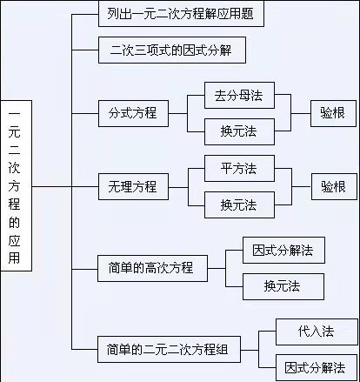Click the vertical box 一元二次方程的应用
[x=17, y=185]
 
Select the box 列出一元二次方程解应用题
[x=181, y=14]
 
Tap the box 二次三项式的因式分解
[x=172, y=50]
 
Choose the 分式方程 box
[x=133, y=113]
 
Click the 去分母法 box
[x=239, y=96]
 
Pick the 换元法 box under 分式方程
[x=239, y=131]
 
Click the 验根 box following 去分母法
[x=333, y=113]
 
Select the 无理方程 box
[x=133, y=186]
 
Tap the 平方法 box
[x=239, y=169]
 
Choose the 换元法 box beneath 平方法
[x=239, y=204]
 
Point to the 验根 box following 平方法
[x=334, y=186]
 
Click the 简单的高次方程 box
[x=152, y=268]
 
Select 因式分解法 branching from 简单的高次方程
[x=283, y=251]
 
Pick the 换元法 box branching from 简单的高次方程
[x=283, y=286]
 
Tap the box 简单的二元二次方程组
[x=169, y=350]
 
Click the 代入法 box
[x=317, y=332]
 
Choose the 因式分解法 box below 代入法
[x=317, y=367]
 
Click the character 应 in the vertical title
[x=14, y=240]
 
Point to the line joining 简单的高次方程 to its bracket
[x=217, y=268]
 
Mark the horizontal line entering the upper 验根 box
[x=301, y=113]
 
